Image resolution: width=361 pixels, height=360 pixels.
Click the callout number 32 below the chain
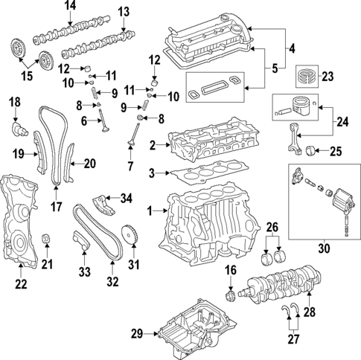pos(112,280)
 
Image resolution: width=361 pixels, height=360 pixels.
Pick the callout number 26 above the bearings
pos(272,227)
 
